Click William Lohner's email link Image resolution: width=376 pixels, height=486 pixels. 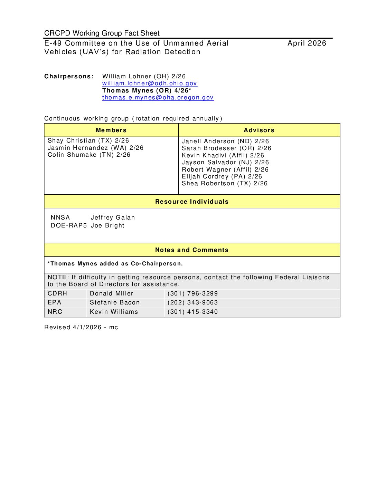pos(149,83)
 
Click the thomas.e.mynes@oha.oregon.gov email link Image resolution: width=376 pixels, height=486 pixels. pos(158,97)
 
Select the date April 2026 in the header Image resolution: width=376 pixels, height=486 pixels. pos(307,43)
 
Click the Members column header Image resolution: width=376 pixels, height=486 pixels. pos(111,130)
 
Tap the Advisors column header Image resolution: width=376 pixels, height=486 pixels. pos(259,130)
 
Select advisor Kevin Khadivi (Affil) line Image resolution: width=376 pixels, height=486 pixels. pos(223,155)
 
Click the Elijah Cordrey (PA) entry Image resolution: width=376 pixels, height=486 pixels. pos(222,176)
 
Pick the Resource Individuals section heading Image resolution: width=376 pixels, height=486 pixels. pos(192,202)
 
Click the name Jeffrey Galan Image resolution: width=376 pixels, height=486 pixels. pos(113,217)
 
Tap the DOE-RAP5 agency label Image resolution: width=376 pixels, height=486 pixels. pos(69,225)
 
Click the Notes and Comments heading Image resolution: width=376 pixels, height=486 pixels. pos(192,250)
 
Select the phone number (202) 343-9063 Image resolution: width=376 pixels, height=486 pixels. pos(192,302)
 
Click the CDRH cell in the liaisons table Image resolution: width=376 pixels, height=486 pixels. pos(57,293)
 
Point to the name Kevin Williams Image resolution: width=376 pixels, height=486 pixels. pos(114,312)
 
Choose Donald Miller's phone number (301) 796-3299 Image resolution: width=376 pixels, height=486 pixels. pos(192,293)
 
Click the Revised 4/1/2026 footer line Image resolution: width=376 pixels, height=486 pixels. pos(81,327)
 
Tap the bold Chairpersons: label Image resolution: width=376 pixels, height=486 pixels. pos(69,76)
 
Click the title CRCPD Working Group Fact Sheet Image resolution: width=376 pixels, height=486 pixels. pos(102,33)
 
